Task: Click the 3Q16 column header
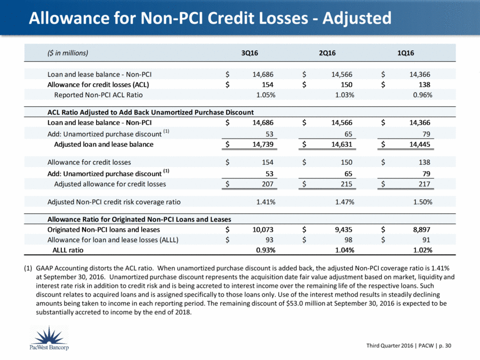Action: point(249,53)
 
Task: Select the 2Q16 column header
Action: point(327,53)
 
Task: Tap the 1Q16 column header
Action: point(405,53)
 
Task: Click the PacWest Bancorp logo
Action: point(49,338)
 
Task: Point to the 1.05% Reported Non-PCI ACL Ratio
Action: point(265,95)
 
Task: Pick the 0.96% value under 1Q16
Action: point(422,95)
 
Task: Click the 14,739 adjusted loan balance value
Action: point(263,144)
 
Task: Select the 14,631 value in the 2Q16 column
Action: point(342,144)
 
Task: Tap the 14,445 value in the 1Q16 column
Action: point(420,144)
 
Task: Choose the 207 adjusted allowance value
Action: point(268,184)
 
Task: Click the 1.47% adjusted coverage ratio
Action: point(345,202)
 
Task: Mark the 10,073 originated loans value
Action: point(263,230)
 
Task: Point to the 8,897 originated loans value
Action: point(422,230)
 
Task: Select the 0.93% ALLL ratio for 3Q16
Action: point(265,250)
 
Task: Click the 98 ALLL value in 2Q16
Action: point(348,240)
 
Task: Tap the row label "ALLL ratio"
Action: point(68,250)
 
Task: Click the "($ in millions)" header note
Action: point(68,53)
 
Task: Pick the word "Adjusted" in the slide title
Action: point(357,18)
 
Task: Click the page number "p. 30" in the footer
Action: point(445,346)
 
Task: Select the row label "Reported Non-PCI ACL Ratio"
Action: point(98,95)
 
